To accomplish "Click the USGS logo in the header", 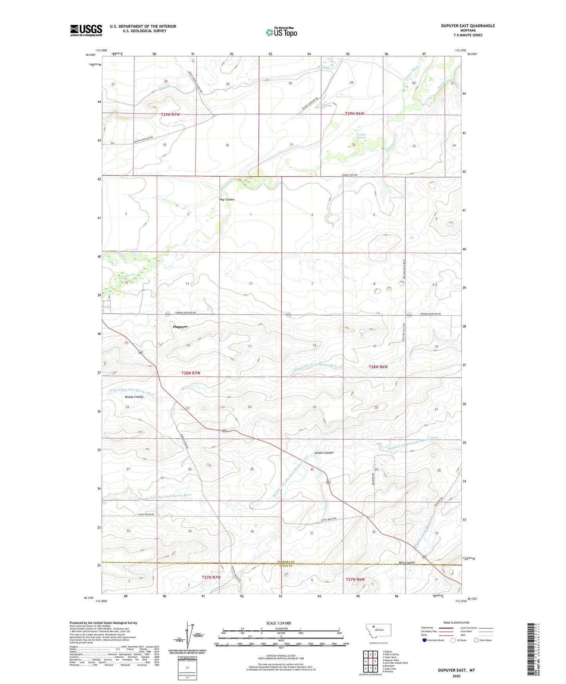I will click(x=86, y=30).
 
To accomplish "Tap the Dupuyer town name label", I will click(x=180, y=326).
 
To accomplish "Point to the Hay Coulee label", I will click(x=227, y=199).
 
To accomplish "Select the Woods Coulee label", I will click(x=134, y=397).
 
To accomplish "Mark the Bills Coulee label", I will click(x=407, y=563).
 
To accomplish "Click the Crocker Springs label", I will click(x=361, y=136).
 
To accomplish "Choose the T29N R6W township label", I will click(x=354, y=114).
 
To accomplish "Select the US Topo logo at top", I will click(x=281, y=32).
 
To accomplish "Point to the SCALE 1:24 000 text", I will click(x=278, y=623).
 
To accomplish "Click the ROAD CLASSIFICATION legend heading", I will click(x=456, y=622).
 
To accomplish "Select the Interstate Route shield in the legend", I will click(x=425, y=640).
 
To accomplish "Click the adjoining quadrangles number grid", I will click(x=370, y=662).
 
